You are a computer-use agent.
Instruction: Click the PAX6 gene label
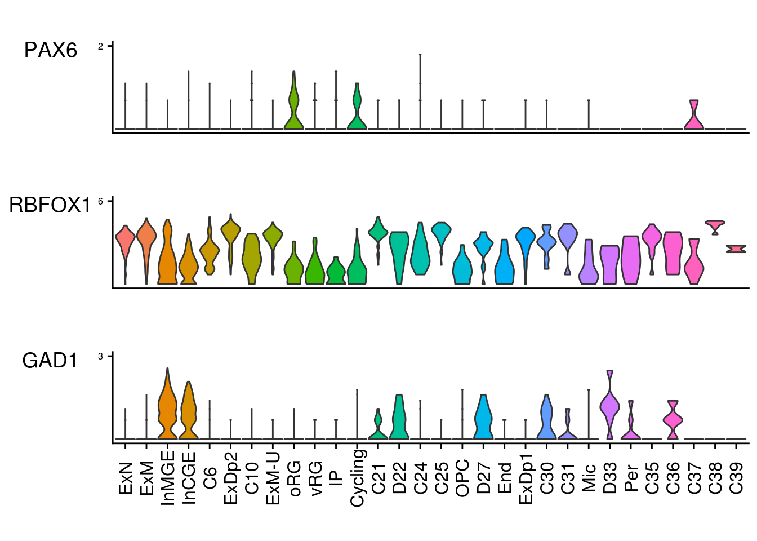pos(51,51)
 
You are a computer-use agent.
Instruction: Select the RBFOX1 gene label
pos(50,205)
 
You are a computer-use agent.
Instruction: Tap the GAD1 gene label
pos(50,361)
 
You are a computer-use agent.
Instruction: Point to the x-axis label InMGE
pos(168,477)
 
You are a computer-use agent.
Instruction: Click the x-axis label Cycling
pos(358,477)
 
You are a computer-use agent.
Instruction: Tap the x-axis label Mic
pos(589,477)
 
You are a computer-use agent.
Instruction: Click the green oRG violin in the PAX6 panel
pos(293,107)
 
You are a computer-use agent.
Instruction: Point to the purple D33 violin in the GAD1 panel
pos(609,406)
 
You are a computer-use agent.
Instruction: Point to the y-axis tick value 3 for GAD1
pos(101,356)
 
